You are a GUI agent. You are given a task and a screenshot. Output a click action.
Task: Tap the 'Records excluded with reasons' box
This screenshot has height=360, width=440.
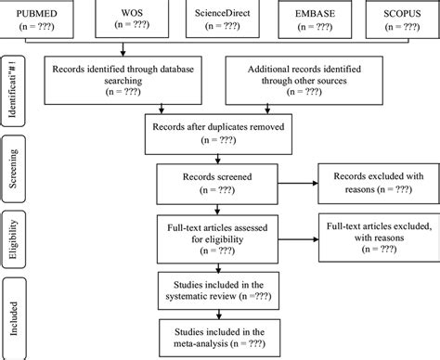pos(373,184)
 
